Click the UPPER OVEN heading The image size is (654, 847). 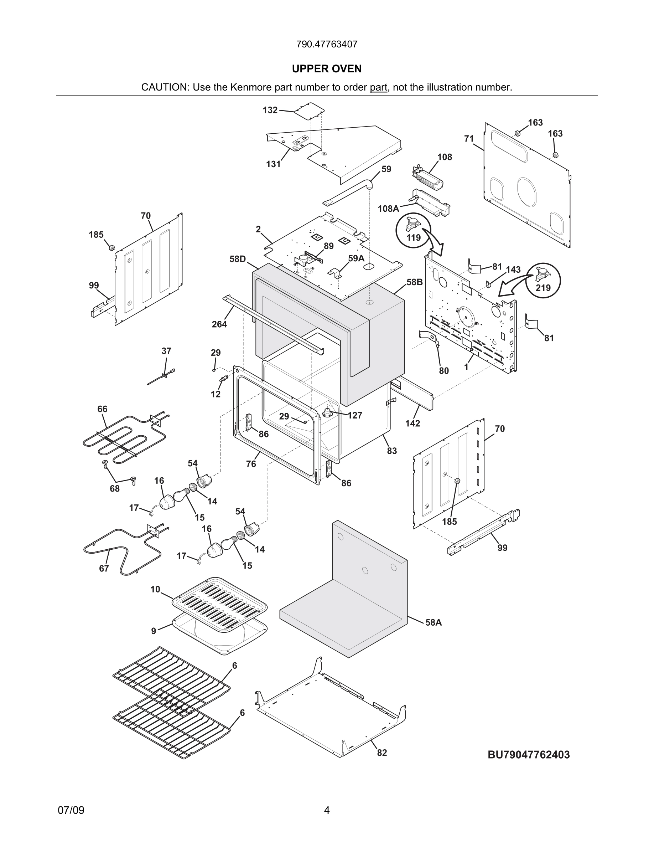coord(327,69)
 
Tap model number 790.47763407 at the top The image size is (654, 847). coord(327,44)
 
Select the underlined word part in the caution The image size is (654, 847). coord(378,87)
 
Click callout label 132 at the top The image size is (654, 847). coord(270,110)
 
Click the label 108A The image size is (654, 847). coord(388,209)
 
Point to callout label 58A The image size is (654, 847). coord(434,622)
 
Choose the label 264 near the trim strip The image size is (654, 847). coord(219,324)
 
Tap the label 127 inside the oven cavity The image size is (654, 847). coord(354,415)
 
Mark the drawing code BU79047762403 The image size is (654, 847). coord(529,755)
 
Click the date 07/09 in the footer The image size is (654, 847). coord(71,810)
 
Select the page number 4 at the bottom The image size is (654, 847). coord(327,810)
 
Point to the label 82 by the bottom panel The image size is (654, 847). coord(382,753)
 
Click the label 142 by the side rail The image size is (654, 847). coord(412,423)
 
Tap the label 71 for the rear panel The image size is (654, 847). coord(469,138)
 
